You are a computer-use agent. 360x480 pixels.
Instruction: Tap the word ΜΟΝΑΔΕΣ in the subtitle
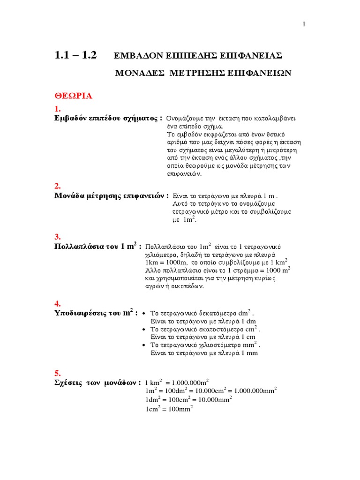point(141,73)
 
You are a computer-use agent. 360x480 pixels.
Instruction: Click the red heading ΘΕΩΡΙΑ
point(73,96)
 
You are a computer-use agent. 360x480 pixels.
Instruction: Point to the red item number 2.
point(58,187)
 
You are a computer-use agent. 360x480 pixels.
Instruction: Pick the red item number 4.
point(58,304)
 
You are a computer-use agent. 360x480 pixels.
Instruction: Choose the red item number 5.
point(58,373)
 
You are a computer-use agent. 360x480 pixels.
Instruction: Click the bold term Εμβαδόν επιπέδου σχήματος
point(108,118)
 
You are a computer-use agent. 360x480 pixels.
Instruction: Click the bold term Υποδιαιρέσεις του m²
point(96,313)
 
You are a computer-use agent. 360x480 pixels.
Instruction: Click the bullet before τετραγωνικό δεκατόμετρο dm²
point(144,313)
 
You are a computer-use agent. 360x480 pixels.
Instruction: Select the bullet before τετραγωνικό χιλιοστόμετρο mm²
point(144,345)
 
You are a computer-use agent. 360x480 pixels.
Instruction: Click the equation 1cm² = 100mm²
point(169,409)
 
